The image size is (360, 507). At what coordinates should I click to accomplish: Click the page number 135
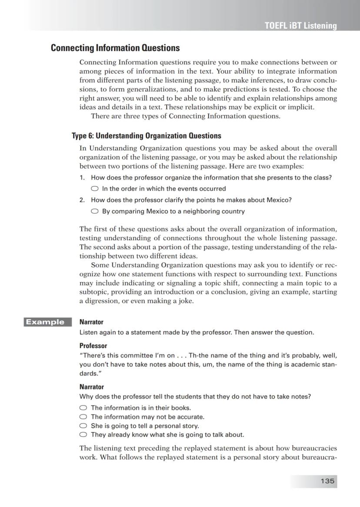coord(327,481)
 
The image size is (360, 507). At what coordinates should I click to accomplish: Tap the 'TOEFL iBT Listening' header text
coord(300,26)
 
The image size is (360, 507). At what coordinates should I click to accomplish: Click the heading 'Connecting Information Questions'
coord(115,48)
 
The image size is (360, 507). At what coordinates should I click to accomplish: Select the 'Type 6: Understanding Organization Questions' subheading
coord(147,136)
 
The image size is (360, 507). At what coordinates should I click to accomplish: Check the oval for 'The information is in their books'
coord(83,408)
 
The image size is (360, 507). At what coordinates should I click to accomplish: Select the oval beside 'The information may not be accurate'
coord(83,417)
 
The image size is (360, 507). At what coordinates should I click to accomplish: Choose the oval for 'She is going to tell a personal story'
coord(83,426)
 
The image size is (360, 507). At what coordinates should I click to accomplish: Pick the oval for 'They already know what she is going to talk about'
coord(83,434)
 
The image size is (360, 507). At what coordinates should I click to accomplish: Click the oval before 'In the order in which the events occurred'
coord(94,189)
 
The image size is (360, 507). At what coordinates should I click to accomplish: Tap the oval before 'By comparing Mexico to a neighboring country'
coord(94,212)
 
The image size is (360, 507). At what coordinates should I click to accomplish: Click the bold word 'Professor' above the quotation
coord(93,346)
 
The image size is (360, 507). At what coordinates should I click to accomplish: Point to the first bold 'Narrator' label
coord(91,322)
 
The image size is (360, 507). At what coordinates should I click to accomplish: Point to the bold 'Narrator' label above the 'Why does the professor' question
coord(91,387)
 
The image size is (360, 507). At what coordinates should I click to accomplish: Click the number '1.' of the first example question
coord(82,178)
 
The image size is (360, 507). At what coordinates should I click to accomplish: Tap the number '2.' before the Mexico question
coord(82,200)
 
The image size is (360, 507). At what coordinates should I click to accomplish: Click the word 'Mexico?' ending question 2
coord(279,200)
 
